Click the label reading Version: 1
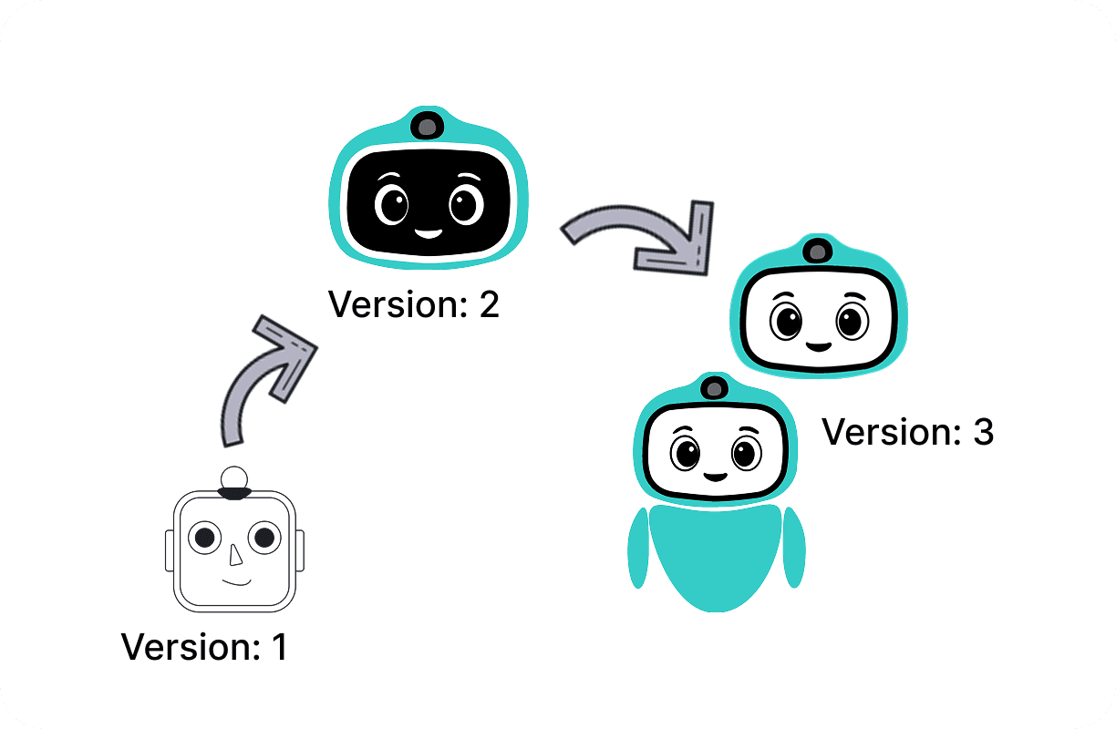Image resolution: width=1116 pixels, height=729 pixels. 204,647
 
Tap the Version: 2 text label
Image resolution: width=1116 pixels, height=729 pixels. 414,303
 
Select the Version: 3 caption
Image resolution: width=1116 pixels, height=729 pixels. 907,432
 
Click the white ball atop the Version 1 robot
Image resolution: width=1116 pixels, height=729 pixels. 235,477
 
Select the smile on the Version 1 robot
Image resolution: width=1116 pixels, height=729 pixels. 237,580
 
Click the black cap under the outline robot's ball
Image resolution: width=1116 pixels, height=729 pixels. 235,493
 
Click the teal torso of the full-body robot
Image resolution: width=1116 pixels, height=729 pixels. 716,556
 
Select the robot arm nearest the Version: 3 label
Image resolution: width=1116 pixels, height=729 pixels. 793,547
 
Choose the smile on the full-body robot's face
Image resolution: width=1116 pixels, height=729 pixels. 715,476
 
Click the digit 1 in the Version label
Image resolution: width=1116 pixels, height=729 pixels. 279,647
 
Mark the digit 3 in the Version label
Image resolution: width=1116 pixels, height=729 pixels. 982,432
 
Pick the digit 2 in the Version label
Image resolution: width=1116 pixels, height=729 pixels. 489,303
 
